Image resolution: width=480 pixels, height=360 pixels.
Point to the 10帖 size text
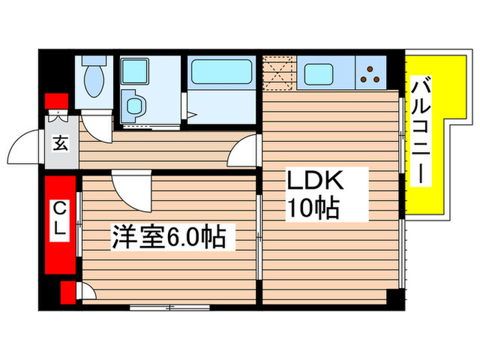click(313, 208)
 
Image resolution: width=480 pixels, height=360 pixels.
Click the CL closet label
click(60, 217)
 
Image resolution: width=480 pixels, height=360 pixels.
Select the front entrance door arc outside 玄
click(29, 146)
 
